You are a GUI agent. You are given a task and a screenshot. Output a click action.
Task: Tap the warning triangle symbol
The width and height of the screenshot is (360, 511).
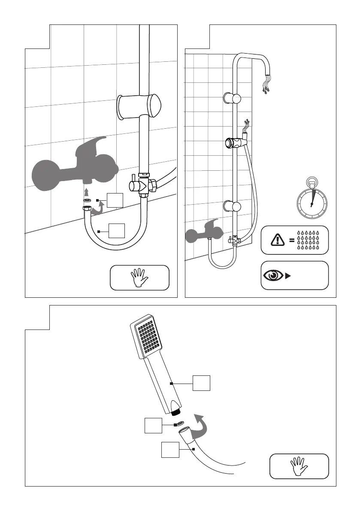278,239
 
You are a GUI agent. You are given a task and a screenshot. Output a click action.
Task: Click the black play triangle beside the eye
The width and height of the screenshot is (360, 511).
288,275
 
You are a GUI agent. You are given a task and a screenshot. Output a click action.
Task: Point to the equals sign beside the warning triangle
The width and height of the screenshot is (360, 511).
292,240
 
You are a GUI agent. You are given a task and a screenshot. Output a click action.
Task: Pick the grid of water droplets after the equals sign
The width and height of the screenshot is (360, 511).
311,239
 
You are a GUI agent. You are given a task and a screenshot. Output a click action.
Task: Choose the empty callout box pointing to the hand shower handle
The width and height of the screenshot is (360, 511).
201,383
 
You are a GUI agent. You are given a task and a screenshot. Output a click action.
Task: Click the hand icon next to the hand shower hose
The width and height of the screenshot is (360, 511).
299,466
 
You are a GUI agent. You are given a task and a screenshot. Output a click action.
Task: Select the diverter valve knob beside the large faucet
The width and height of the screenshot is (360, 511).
135,185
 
